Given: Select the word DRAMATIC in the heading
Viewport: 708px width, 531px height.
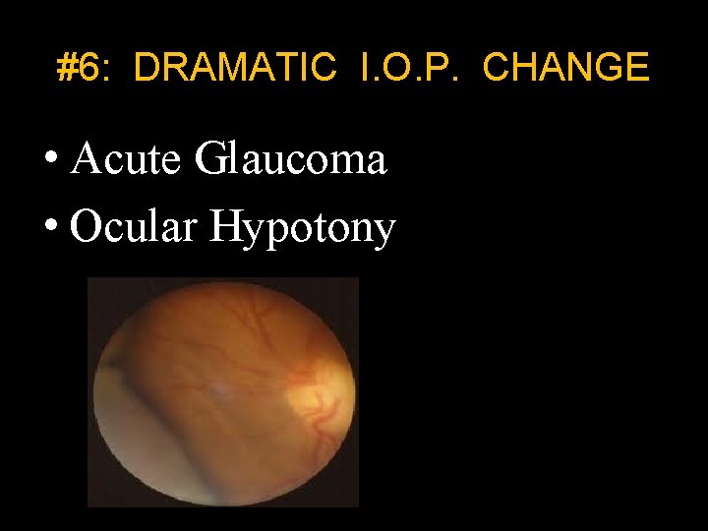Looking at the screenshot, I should [234, 68].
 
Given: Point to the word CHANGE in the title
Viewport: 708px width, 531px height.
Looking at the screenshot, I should [566, 68].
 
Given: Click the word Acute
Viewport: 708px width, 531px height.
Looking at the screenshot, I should [129, 158].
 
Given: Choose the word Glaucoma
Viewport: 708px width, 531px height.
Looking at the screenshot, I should [290, 158].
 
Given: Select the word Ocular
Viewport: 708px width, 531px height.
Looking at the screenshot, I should [135, 228].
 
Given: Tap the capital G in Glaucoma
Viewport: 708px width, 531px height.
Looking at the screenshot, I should [210, 158].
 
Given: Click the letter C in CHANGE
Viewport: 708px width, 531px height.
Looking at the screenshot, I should [498, 68].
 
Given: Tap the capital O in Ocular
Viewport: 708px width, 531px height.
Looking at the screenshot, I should [87, 228].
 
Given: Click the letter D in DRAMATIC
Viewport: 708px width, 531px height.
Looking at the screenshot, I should [146, 68].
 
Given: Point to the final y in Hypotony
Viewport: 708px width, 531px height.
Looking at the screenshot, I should [384, 233].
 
